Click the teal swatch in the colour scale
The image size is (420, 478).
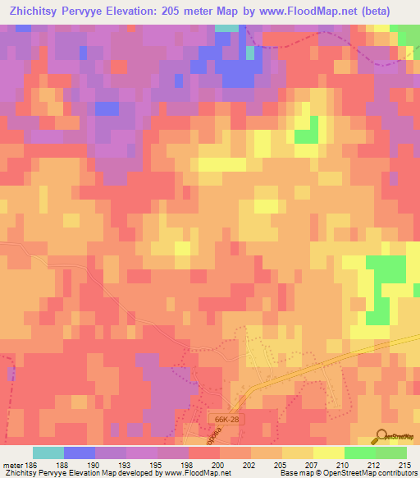click(48, 453)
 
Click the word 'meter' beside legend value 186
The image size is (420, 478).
click(14, 464)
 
